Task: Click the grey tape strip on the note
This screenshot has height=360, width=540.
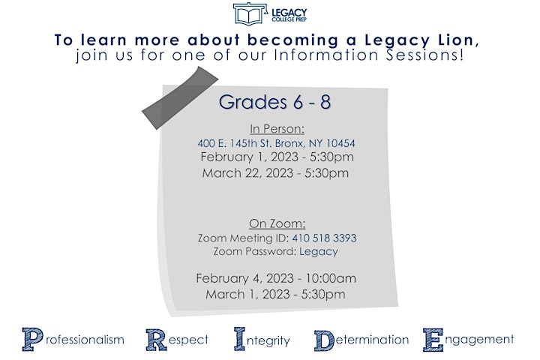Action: (x=180, y=97)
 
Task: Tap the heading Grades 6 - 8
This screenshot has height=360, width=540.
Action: (x=274, y=102)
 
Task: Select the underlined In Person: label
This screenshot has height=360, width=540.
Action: (x=277, y=129)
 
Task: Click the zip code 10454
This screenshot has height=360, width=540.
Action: (x=340, y=143)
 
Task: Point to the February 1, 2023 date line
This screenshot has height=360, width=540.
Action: (x=277, y=157)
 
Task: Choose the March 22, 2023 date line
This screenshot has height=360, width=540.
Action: (x=275, y=173)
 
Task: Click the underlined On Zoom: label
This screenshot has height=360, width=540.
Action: (x=277, y=223)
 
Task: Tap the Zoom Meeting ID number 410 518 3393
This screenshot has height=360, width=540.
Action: (x=325, y=238)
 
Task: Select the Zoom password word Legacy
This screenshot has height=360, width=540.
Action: (x=319, y=252)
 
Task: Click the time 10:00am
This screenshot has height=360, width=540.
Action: (x=331, y=278)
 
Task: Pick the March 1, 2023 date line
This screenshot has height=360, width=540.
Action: (x=275, y=295)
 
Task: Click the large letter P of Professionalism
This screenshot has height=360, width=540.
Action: (x=33, y=339)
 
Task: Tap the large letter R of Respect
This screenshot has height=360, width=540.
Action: (x=156, y=340)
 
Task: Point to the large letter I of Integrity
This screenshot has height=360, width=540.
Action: (x=240, y=339)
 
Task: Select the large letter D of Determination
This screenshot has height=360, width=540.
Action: (x=324, y=340)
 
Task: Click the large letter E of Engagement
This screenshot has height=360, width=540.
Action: (x=433, y=340)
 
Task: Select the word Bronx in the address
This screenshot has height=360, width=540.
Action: (x=290, y=143)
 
